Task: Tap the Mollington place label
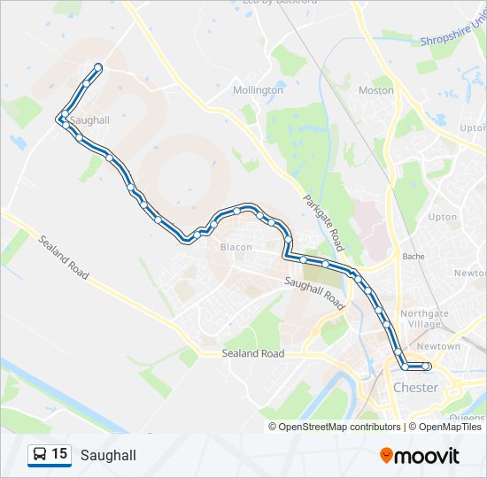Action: (x=258, y=90)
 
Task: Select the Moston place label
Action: (x=376, y=90)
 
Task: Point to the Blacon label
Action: (x=236, y=247)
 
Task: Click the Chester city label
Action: (x=414, y=388)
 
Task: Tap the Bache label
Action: (x=414, y=257)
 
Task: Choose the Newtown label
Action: (x=439, y=346)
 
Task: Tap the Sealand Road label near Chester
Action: (x=252, y=353)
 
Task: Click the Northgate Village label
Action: (x=425, y=320)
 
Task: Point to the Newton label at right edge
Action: (x=470, y=274)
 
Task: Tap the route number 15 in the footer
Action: (x=59, y=454)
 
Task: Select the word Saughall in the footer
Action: (x=108, y=455)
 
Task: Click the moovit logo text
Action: (x=427, y=456)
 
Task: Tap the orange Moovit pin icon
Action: (x=386, y=455)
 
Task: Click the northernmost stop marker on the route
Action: (x=97, y=68)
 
